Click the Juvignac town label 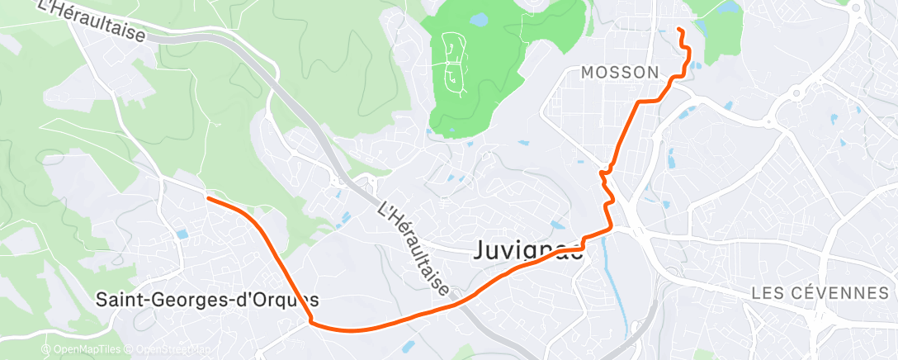(x=529, y=252)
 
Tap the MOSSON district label (x=620, y=73)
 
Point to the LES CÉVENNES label (x=824, y=293)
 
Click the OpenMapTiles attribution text (x=87, y=348)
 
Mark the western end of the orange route (x=207, y=199)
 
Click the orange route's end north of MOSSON (x=679, y=31)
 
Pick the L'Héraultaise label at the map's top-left (x=92, y=21)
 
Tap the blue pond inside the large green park (x=478, y=18)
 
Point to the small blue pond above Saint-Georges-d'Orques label (x=182, y=234)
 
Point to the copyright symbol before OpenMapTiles (x=46, y=348)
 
